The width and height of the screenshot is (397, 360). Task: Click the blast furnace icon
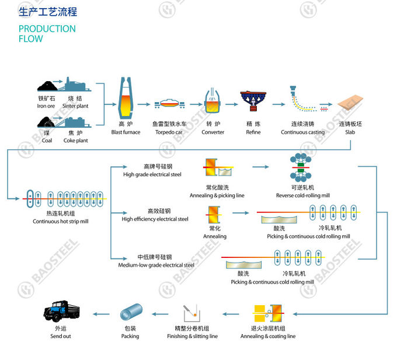(x=126, y=98)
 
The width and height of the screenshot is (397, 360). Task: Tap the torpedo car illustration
(x=170, y=104)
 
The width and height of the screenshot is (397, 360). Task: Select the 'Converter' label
(x=213, y=132)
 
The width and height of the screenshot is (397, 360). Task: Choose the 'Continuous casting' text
(x=303, y=132)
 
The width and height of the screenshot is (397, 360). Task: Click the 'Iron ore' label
(x=46, y=106)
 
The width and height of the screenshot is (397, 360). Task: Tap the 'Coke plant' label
(x=76, y=141)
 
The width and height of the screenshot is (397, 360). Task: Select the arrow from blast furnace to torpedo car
(x=144, y=104)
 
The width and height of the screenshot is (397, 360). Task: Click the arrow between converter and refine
(x=232, y=104)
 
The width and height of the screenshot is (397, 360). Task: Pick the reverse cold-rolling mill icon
(x=301, y=167)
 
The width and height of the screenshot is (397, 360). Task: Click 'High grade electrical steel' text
(x=152, y=174)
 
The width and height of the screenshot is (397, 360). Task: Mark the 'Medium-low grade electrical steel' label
(x=156, y=265)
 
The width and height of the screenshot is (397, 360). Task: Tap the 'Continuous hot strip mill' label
(x=61, y=221)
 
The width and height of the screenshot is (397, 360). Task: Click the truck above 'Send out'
(x=61, y=311)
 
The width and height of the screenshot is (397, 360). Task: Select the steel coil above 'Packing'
(x=131, y=312)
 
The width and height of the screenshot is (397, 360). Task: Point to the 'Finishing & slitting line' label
(x=193, y=336)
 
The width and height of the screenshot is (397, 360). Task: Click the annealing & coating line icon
(x=268, y=313)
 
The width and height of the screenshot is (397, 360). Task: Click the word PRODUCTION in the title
(x=47, y=29)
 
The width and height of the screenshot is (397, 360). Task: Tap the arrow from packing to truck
(x=101, y=314)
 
